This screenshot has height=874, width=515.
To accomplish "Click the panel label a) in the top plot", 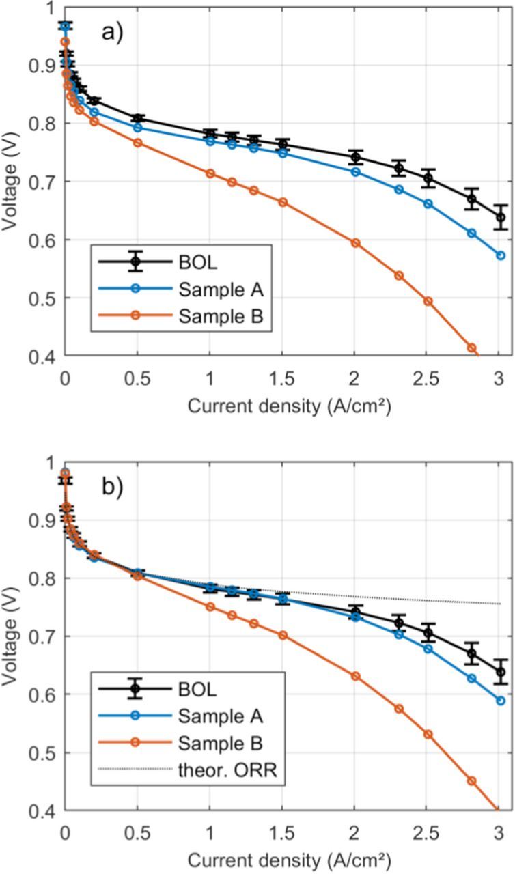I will coord(113,32).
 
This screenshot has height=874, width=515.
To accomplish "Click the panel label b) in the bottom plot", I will coord(113,487).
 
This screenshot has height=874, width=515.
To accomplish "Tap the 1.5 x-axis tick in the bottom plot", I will coord(282,834).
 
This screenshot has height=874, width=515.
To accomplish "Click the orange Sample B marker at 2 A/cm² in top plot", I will coord(355,243).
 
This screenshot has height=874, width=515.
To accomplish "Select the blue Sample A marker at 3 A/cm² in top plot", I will coord(501,255).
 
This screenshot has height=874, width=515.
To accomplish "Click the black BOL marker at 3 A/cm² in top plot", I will coord(501,218).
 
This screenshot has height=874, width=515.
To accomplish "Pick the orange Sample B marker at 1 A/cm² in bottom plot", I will coord(210,607).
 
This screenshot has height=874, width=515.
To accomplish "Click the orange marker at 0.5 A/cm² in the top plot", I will coord(137,143).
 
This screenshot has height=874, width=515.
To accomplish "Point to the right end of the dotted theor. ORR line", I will coord(501,604).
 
